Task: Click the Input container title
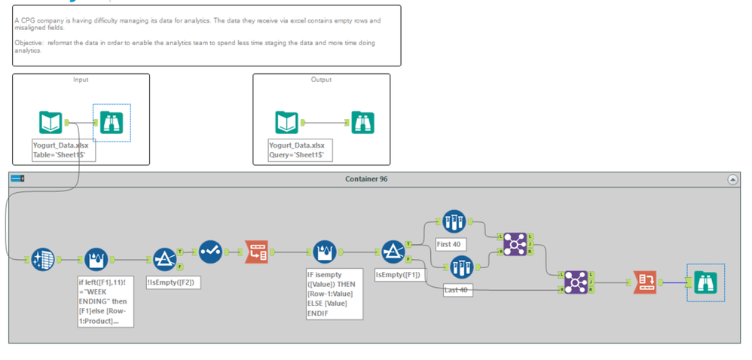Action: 81,79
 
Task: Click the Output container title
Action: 321,79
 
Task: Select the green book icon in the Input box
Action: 50,122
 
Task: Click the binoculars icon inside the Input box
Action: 112,122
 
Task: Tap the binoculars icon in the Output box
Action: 362,122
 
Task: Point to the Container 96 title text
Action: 366,178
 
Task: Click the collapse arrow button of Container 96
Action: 732,179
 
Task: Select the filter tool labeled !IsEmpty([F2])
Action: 165,259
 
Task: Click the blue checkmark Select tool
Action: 210,252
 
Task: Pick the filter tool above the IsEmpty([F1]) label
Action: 393,252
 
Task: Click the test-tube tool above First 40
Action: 454,221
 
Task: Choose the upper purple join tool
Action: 515,243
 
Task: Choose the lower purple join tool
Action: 576,282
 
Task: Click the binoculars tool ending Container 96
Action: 705,282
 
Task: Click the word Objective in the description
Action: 29,43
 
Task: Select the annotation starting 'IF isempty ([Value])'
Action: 334,294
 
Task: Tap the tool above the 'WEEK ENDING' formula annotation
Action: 96,259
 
